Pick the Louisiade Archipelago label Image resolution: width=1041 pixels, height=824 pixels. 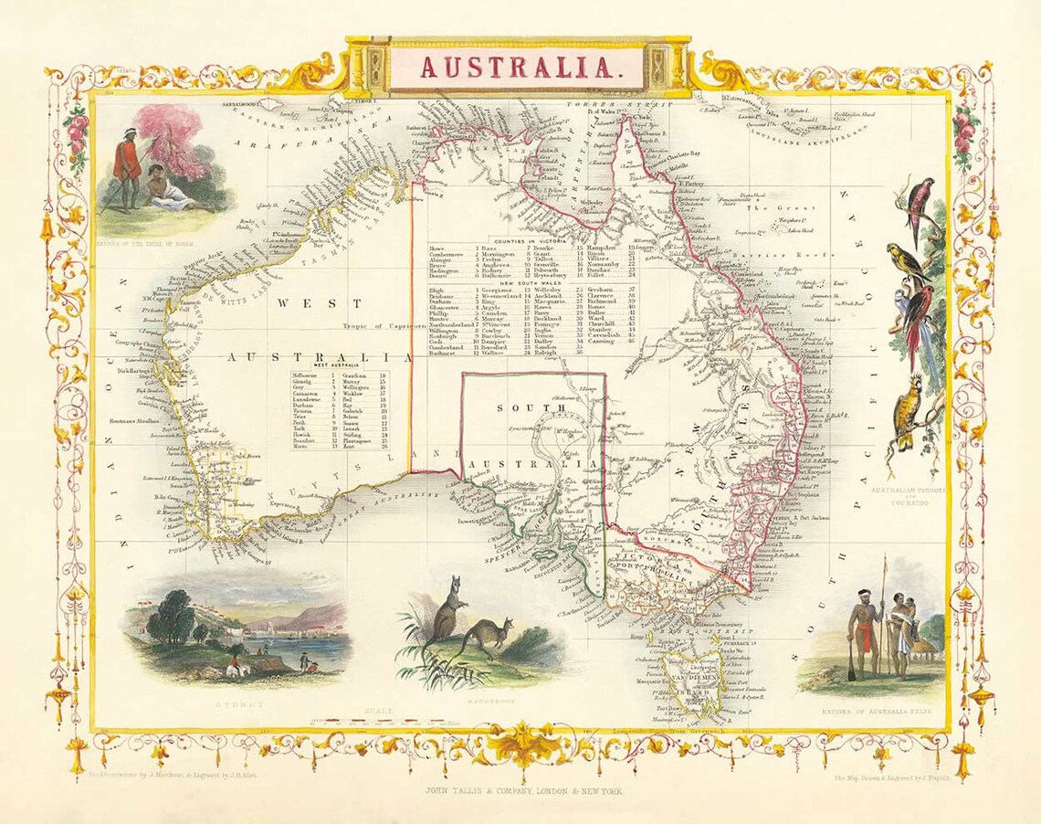pos(804,134)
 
